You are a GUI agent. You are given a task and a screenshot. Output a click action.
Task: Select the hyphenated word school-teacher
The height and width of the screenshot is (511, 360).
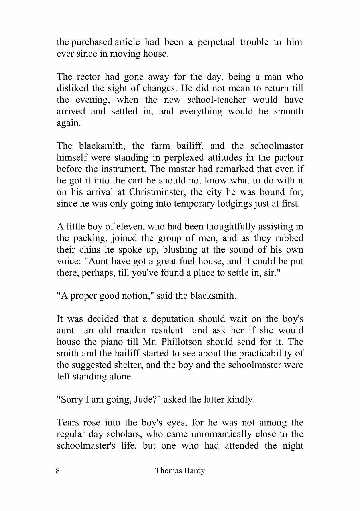[216, 100]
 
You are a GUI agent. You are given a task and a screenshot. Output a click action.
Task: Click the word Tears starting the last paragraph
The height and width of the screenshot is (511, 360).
[67, 423]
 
